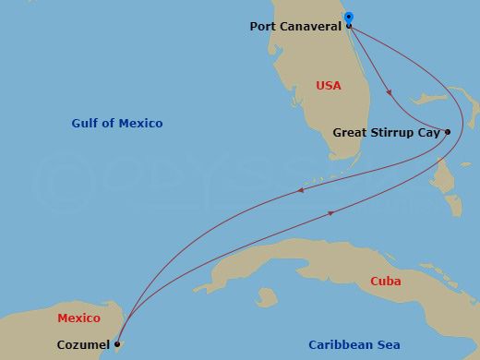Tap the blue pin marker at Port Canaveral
coord(348,18)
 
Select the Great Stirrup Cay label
coord(387,132)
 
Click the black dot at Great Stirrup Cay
coord(448,132)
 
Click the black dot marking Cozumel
coord(116,344)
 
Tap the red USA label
coord(329,86)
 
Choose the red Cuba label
coord(385,281)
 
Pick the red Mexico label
coord(78,318)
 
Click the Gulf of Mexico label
coord(117,124)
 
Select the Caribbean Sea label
coord(354,344)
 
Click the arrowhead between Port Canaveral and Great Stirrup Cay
coord(389,92)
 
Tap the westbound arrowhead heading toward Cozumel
coord(300,192)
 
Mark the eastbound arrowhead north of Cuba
coord(330,214)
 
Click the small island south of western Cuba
coord(267,298)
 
